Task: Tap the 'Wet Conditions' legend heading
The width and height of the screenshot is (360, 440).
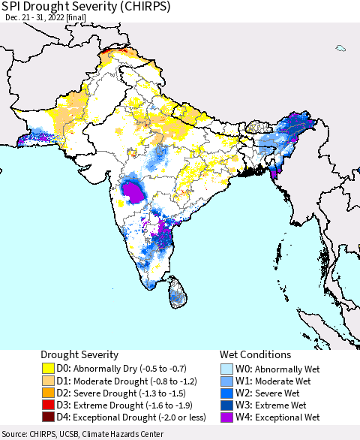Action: [256, 354]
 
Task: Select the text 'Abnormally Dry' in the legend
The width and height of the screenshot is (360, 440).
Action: [113, 369]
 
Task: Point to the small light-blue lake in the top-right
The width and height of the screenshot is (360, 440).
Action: [340, 49]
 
